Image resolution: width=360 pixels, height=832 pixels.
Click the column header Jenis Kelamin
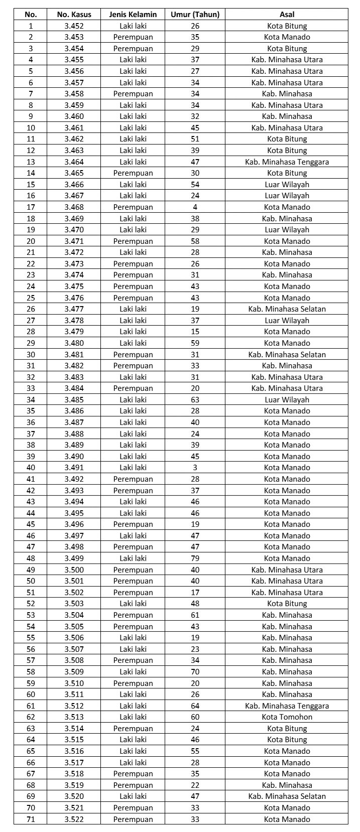133,15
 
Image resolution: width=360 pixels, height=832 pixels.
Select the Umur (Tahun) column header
195,15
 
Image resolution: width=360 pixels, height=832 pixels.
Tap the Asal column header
287,15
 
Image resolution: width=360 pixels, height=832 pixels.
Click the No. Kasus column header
74,15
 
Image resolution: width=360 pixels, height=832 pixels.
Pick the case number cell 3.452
74,26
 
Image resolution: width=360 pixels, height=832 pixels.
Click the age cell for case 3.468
195,207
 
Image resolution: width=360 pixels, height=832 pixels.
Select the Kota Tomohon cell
287,717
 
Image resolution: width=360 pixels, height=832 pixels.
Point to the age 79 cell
195,558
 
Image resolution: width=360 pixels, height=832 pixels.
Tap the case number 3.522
74,819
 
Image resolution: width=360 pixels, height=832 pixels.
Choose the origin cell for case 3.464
287,162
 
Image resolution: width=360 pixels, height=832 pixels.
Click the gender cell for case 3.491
133,468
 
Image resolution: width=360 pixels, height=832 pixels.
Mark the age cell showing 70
195,671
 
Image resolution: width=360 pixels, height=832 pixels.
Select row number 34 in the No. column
31,400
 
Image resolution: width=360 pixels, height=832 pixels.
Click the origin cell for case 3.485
287,400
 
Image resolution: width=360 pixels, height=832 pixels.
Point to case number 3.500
74,570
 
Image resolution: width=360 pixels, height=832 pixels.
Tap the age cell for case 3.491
195,468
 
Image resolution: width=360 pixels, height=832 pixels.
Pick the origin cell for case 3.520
287,796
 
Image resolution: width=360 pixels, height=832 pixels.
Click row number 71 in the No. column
31,819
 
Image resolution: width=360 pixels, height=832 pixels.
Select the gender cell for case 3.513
133,717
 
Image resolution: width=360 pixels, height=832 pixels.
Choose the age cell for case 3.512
195,706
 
